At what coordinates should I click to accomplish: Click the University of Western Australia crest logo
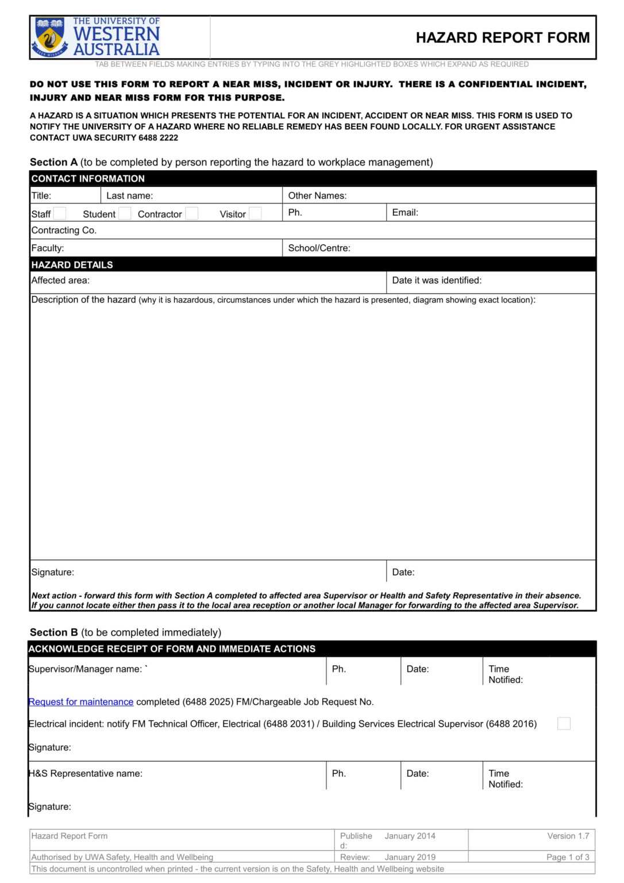(x=50, y=37)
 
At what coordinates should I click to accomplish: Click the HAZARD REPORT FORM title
(x=502, y=38)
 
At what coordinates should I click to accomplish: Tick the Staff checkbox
(x=60, y=214)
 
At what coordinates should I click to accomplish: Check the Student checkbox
(x=125, y=214)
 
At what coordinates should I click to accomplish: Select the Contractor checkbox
(x=192, y=214)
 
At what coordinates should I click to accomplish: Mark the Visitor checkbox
(x=256, y=214)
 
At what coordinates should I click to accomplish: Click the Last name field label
(x=129, y=196)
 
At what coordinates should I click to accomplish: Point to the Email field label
(x=405, y=213)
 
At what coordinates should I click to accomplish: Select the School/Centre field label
(x=319, y=248)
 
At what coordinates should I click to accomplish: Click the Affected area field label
(x=60, y=281)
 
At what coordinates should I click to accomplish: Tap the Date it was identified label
(x=437, y=281)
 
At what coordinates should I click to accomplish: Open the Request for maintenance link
(x=81, y=702)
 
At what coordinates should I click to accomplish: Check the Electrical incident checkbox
(x=564, y=724)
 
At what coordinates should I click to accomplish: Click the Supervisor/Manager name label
(x=85, y=669)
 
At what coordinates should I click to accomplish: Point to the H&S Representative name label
(x=86, y=774)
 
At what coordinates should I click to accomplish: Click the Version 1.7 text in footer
(x=568, y=836)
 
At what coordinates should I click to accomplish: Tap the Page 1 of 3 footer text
(x=568, y=857)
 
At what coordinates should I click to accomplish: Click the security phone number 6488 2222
(x=158, y=138)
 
